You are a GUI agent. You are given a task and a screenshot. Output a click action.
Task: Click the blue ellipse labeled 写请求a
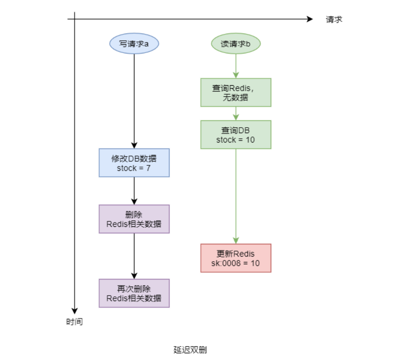[134, 44]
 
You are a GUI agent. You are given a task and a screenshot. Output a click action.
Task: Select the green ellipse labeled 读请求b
[236, 44]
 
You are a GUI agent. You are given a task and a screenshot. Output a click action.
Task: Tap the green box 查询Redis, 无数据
[236, 92]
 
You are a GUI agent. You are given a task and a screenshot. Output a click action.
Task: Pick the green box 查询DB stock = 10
[236, 135]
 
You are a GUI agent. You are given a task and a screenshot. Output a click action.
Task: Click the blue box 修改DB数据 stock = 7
[134, 163]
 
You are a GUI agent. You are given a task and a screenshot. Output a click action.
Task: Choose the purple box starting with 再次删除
[134, 293]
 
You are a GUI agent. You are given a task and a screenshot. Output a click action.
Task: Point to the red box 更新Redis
[236, 258]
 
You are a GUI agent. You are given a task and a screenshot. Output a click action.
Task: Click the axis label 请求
[334, 20]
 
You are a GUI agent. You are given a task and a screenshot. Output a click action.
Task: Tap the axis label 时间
[74, 322]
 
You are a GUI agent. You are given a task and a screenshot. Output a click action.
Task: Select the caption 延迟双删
[190, 350]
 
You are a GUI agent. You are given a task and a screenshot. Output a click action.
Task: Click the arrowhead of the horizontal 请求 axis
[310, 19]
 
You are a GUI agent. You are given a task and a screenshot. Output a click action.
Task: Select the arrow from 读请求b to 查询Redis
[236, 66]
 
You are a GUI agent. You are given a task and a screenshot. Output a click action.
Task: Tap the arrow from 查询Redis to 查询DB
[236, 114]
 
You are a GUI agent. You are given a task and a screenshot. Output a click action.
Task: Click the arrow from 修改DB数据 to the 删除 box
[134, 191]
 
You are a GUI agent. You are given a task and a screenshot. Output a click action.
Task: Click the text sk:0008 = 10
[236, 263]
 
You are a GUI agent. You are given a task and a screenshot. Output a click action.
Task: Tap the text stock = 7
[134, 168]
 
